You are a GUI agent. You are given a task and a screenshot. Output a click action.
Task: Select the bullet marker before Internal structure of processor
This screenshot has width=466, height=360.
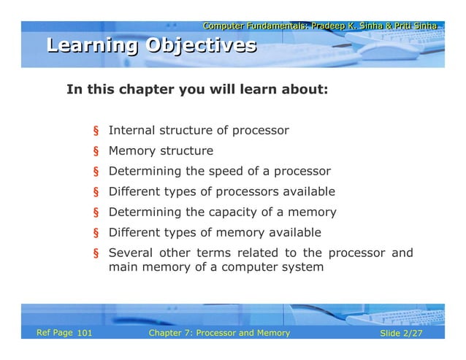point(95,131)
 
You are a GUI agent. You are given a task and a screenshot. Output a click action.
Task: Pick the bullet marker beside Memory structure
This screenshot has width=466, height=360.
point(95,152)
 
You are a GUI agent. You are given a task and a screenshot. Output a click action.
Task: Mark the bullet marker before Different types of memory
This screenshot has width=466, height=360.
point(95,234)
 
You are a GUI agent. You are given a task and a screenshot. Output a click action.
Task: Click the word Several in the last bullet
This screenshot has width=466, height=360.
point(130,253)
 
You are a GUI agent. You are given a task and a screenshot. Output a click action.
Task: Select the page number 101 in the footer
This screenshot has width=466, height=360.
point(84,334)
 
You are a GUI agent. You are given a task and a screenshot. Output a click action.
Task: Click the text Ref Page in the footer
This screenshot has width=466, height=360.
point(55,333)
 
